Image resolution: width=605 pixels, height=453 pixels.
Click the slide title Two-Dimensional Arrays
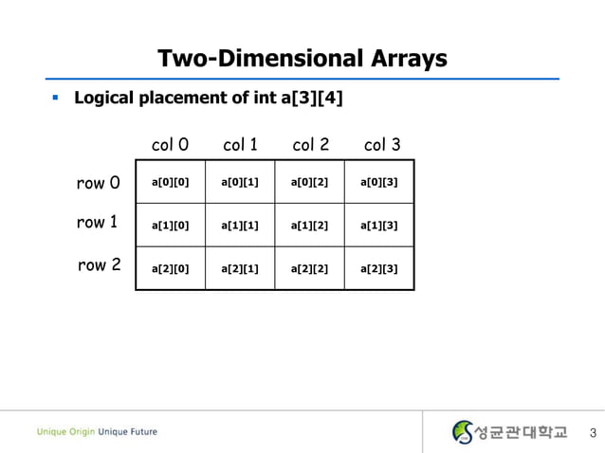tap(302, 59)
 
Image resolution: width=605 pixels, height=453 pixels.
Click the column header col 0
tap(170, 145)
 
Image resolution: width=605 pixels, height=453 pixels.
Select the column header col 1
tap(240, 145)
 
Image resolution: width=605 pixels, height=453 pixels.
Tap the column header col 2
tap(310, 145)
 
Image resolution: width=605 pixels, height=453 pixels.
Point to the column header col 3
tap(382, 145)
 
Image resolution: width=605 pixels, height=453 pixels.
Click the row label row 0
tap(98, 182)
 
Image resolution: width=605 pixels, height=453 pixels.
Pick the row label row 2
tap(99, 265)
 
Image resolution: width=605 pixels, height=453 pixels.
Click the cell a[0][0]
tap(171, 182)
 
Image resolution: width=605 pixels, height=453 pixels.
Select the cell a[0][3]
tap(379, 182)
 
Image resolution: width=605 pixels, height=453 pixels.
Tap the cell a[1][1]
tap(240, 226)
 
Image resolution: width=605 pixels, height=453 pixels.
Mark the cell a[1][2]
tap(309, 226)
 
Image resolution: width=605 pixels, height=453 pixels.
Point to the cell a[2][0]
tap(171, 268)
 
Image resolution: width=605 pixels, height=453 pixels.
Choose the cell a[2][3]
tap(379, 268)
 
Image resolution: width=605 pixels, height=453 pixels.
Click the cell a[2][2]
tap(309, 268)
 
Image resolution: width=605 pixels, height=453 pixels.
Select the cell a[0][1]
tap(240, 182)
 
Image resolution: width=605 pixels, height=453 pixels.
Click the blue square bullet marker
tap(56, 98)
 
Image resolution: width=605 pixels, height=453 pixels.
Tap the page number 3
tap(593, 434)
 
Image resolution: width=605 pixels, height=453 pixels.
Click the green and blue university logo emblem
tap(463, 432)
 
